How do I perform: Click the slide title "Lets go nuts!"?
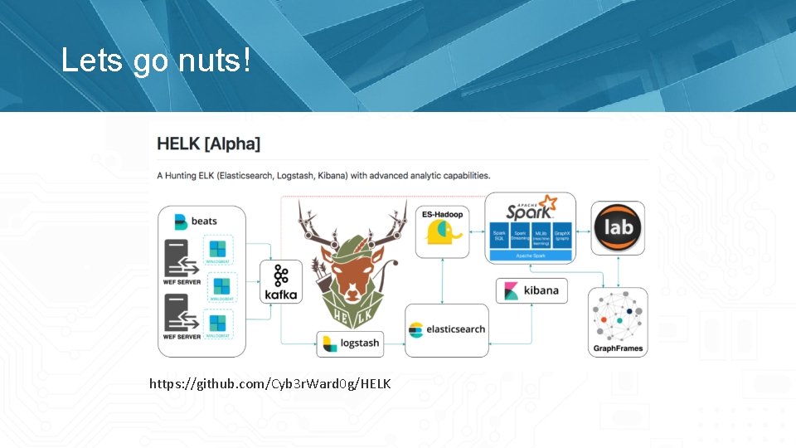point(155,61)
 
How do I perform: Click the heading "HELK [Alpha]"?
point(208,144)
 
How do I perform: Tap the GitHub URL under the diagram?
point(269,384)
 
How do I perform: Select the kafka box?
point(280,283)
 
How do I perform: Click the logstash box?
point(351,343)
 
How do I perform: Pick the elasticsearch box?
point(446,330)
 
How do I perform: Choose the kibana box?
point(531,290)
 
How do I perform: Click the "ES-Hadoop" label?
point(442,214)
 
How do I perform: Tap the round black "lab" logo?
point(619,227)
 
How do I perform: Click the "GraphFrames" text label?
point(618,348)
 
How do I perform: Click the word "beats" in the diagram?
point(204,222)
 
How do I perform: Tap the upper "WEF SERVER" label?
point(182,282)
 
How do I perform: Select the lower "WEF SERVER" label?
point(182,337)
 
